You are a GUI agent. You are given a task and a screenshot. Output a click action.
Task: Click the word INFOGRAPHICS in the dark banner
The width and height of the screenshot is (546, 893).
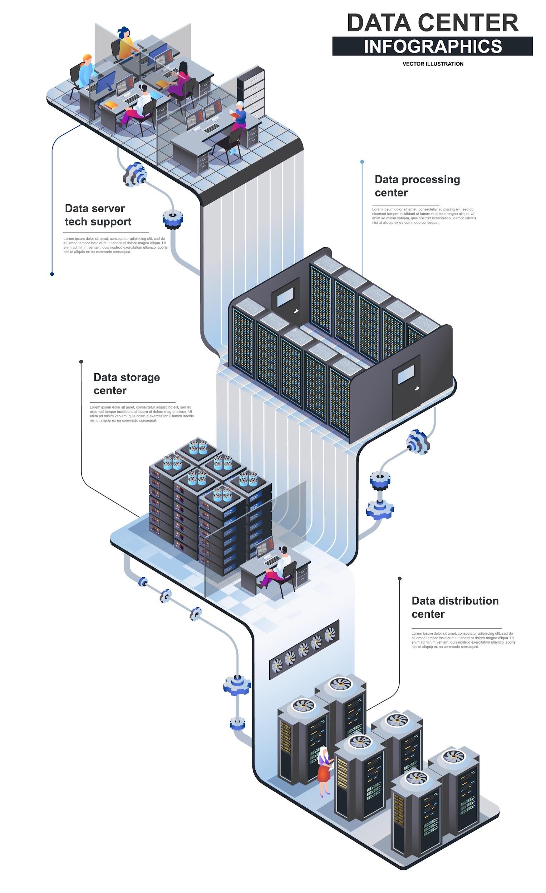pyautogui.click(x=432, y=46)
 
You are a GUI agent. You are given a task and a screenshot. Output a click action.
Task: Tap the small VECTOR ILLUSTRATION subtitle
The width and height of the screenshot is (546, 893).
pyautogui.click(x=432, y=64)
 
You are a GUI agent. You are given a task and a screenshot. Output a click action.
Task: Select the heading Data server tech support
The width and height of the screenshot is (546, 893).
pyautogui.click(x=98, y=215)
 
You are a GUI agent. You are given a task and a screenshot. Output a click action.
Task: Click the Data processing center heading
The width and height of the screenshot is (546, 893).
pyautogui.click(x=417, y=185)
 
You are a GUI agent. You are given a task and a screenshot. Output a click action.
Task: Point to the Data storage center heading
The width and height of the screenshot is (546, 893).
pyautogui.click(x=126, y=383)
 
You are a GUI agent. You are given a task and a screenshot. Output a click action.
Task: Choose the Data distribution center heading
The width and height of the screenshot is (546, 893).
pyautogui.click(x=454, y=607)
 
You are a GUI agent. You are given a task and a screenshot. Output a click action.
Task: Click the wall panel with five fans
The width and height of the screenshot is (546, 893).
pyautogui.click(x=304, y=649)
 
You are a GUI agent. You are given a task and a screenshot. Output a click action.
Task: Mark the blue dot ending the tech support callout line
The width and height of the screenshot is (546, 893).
pyautogui.click(x=52, y=274)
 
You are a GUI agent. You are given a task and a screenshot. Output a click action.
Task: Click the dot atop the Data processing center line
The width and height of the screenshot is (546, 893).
pyautogui.click(x=362, y=162)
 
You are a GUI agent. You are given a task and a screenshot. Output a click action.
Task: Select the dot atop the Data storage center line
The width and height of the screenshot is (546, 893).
pyautogui.click(x=81, y=361)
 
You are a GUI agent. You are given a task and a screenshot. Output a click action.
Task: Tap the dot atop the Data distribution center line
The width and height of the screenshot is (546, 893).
pyautogui.click(x=399, y=578)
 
